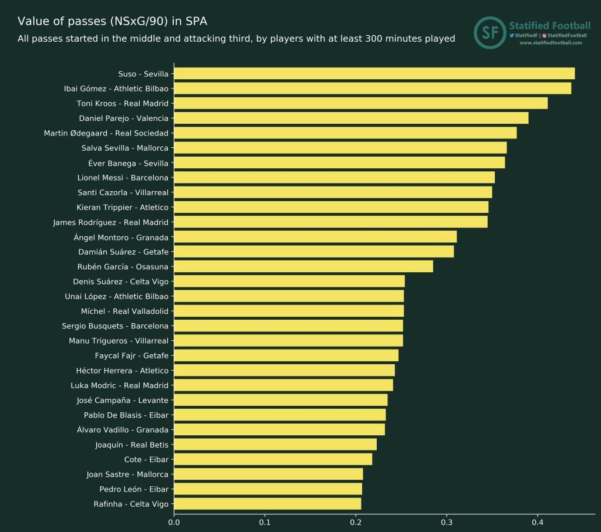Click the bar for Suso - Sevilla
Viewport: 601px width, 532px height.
tap(374, 74)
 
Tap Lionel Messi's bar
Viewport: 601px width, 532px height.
tap(334, 178)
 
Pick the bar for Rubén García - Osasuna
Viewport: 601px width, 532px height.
tap(303, 266)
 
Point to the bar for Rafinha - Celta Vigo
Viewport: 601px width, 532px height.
tap(267, 504)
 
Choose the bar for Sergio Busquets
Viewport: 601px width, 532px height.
tap(288, 326)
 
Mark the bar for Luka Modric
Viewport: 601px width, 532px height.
tap(283, 385)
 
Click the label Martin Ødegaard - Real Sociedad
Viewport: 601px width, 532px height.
tap(106, 133)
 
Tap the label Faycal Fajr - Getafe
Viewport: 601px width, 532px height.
tap(131, 355)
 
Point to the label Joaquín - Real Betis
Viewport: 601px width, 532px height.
tap(131, 445)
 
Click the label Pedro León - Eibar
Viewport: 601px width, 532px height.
tap(134, 489)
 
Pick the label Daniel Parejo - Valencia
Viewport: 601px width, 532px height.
tap(123, 118)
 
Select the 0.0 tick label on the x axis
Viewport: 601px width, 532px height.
tap(174, 521)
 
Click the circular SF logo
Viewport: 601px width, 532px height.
tap(489, 33)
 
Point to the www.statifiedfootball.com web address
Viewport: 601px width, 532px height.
tap(551, 43)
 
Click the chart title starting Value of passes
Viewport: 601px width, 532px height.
tap(112, 21)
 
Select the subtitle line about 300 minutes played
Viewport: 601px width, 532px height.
tap(236, 39)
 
